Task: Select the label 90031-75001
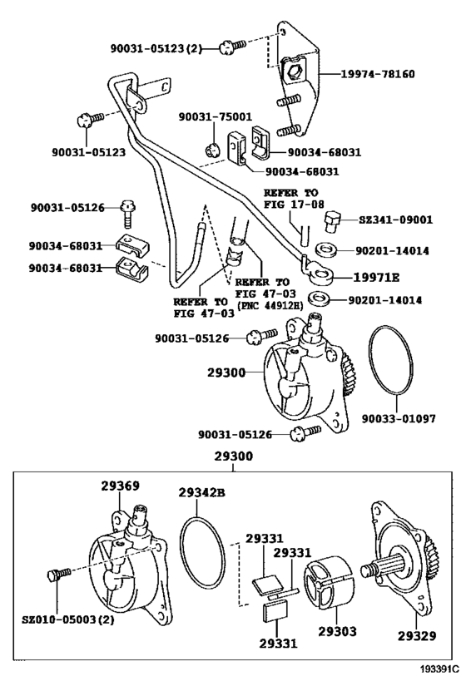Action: [x=214, y=117]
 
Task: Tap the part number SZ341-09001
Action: [x=395, y=220]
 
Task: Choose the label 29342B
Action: [x=201, y=493]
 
